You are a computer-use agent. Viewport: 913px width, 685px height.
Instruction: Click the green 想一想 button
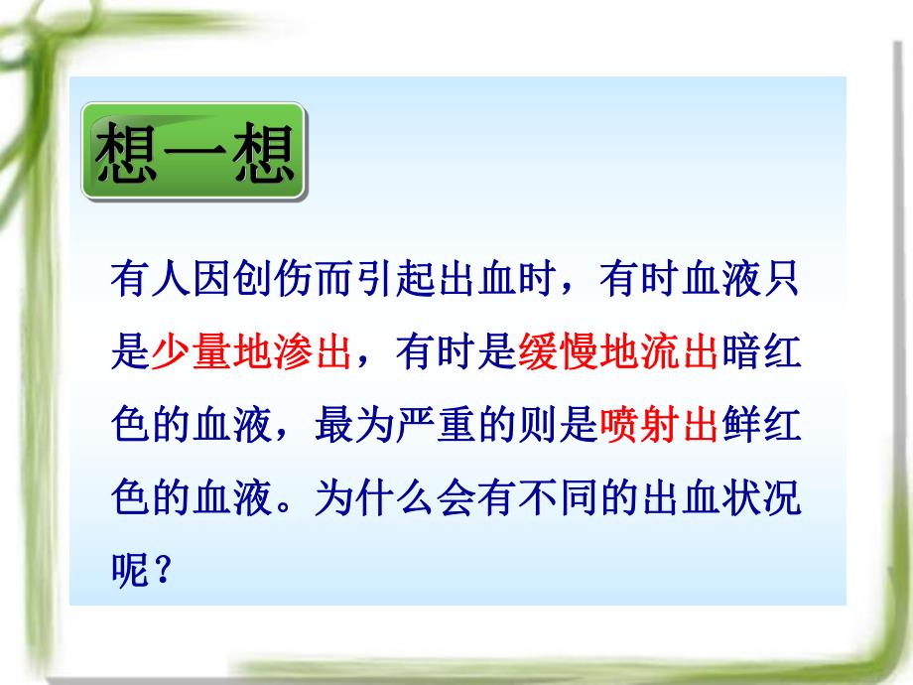click(x=195, y=155)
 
